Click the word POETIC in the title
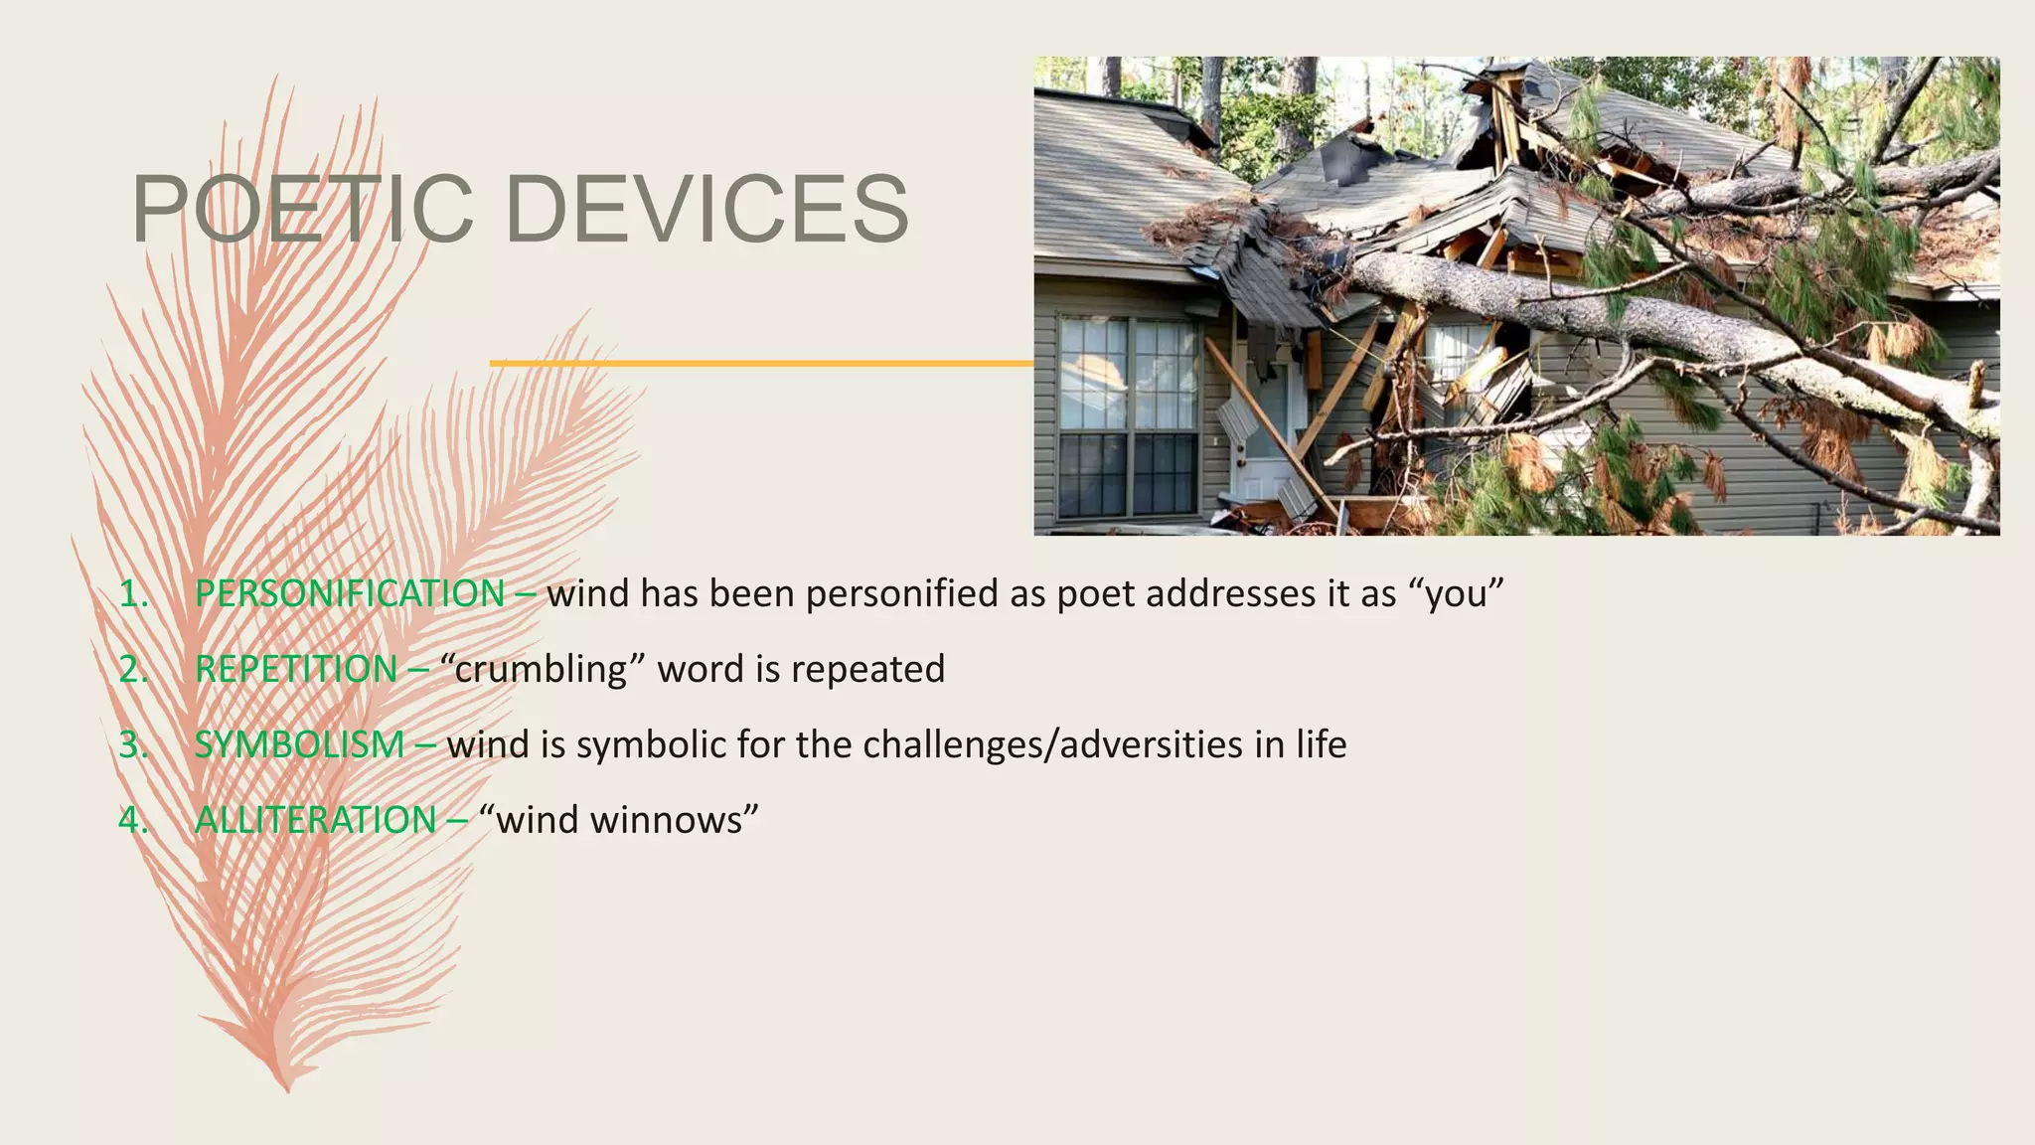coord(303,209)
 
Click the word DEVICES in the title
coord(707,209)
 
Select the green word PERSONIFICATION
coord(350,593)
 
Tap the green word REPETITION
coord(296,669)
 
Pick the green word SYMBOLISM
coord(299,744)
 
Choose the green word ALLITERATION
coord(315,820)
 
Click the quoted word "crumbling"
coord(542,669)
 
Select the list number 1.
coord(132,593)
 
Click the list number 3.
coord(132,744)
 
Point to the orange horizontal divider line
coord(761,364)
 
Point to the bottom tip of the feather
coord(287,1087)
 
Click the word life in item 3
coord(1321,744)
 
